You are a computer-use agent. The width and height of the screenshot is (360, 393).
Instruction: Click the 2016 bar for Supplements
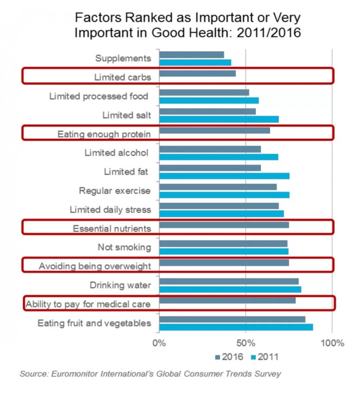[192, 55]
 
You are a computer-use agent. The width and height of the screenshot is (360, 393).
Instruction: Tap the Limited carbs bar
[198, 74]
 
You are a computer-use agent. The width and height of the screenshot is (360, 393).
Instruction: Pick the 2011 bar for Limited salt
[219, 119]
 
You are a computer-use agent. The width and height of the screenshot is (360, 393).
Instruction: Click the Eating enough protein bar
[215, 131]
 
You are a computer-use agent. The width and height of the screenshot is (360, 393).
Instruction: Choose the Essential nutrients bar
[224, 225]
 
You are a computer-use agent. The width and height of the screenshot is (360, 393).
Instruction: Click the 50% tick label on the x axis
[246, 343]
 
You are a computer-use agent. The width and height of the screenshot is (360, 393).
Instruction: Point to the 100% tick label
[332, 343]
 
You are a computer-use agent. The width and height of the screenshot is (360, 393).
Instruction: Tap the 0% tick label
[159, 343]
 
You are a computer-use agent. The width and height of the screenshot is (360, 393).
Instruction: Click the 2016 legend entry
[229, 357]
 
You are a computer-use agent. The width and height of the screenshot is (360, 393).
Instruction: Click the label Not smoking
[124, 247]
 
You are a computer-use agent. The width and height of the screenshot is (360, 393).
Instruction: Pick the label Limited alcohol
[117, 153]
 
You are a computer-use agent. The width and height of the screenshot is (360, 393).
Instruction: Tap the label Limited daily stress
[110, 210]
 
